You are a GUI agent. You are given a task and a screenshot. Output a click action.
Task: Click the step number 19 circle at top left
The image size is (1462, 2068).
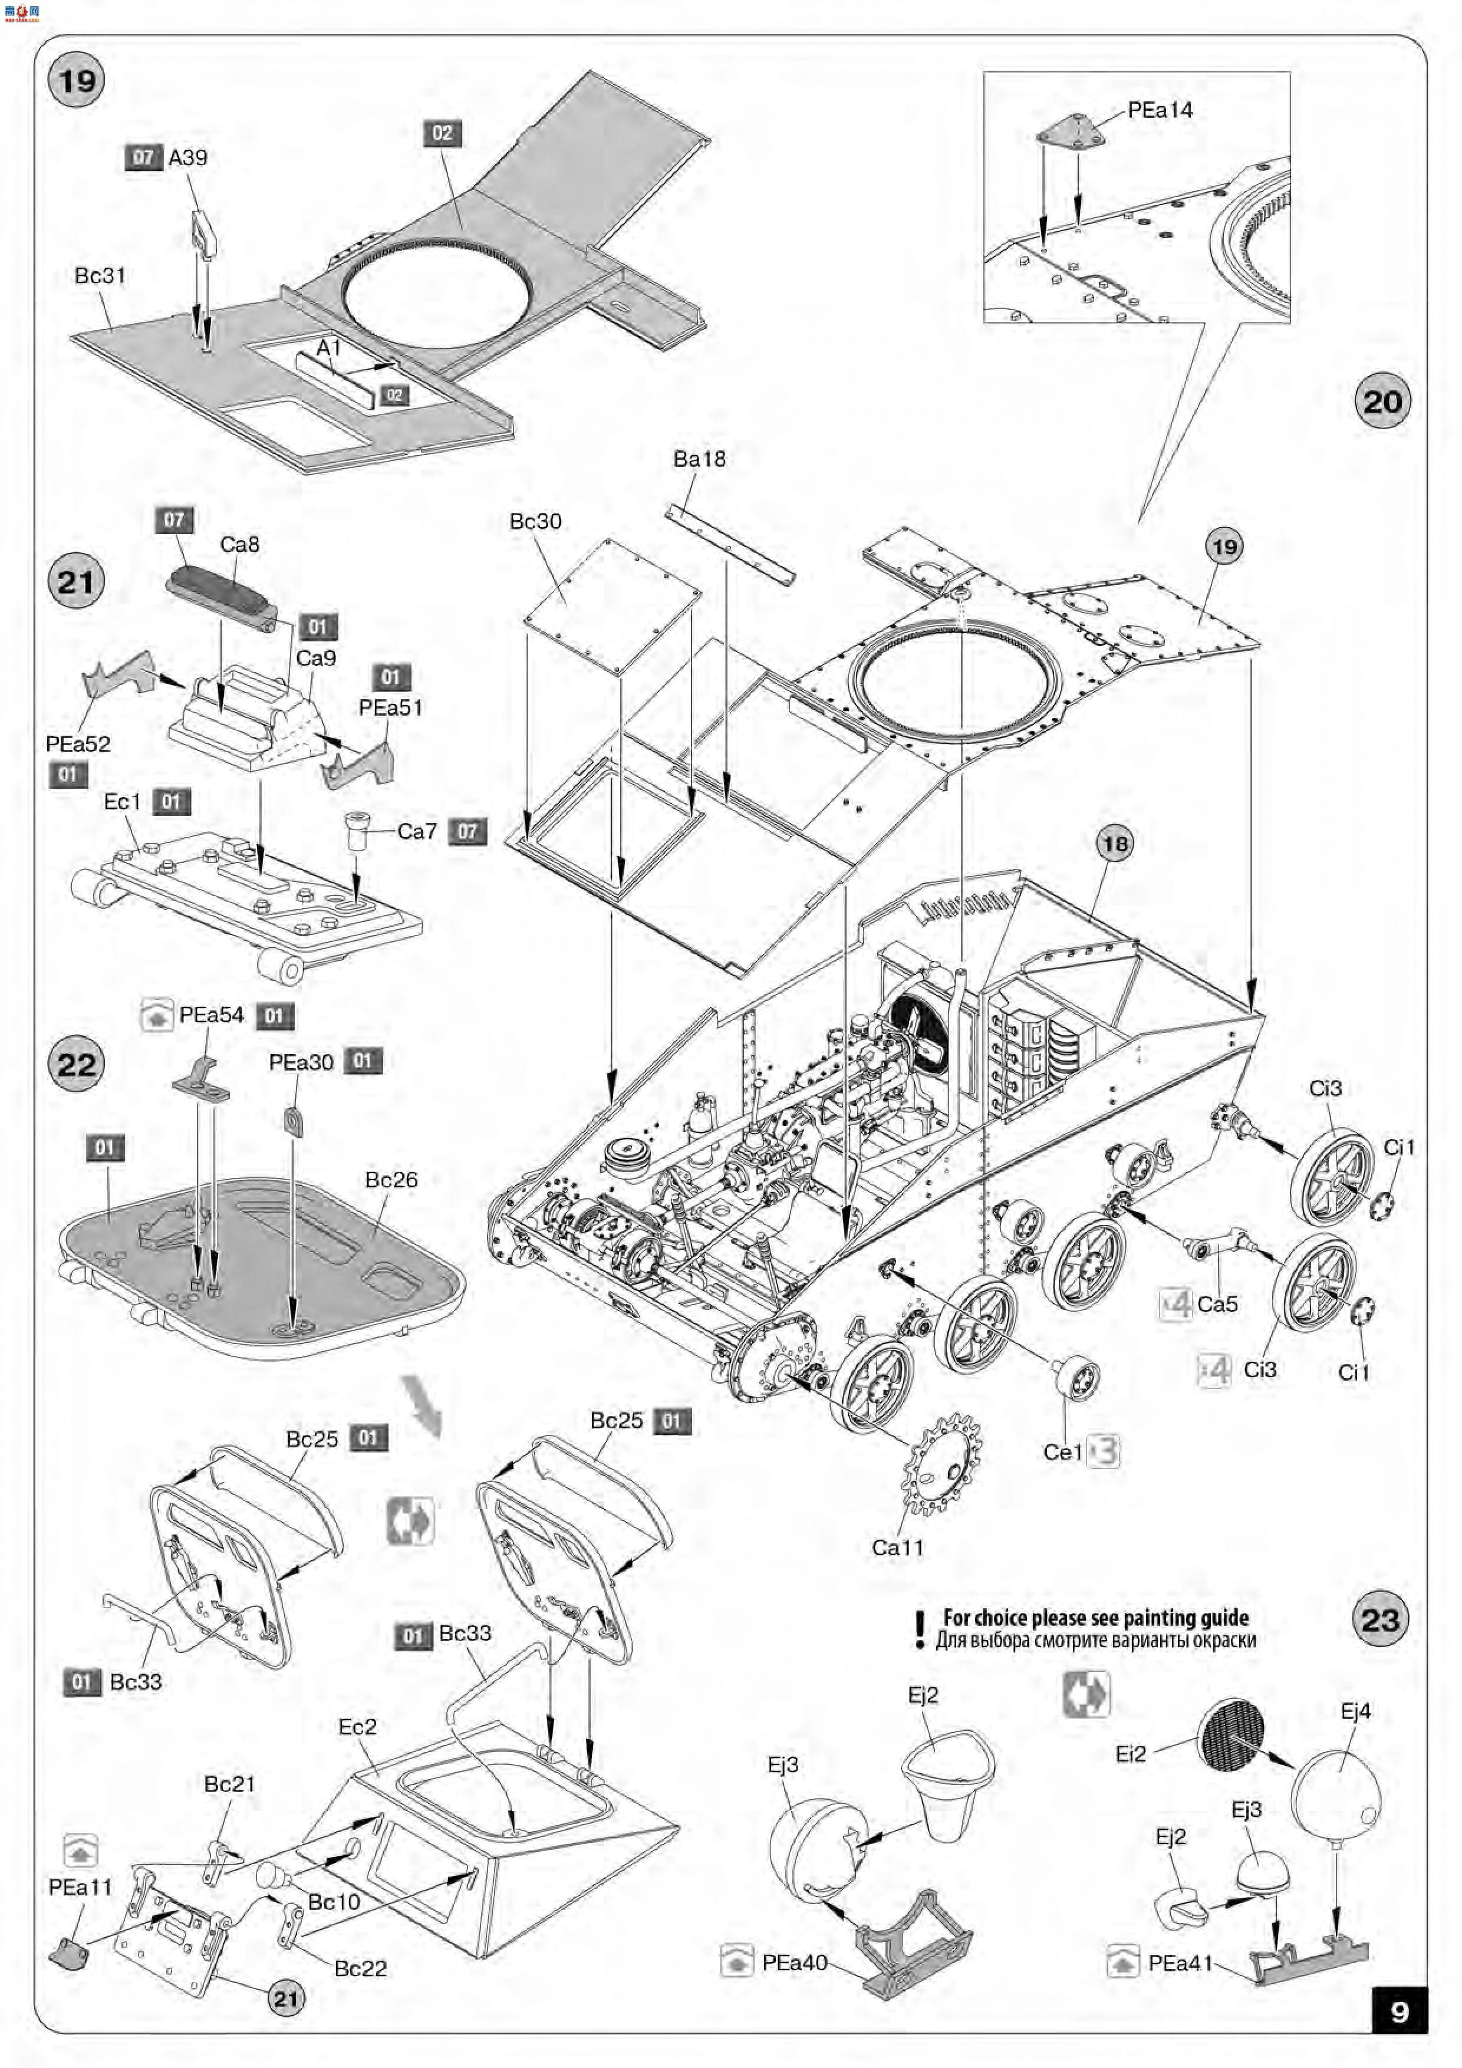coord(77,80)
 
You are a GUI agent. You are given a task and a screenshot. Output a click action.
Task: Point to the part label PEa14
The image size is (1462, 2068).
coord(1160,110)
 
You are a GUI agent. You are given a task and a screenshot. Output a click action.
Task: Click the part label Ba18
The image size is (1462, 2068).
coord(699,459)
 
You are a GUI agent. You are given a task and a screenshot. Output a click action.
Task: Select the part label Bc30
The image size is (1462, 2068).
coord(535,522)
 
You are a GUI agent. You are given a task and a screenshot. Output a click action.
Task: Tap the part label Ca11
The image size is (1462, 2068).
coord(897,1547)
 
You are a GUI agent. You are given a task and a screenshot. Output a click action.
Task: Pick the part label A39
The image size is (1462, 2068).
coord(187,157)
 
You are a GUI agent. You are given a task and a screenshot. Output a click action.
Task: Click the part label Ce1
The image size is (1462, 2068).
coord(1062,1452)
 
